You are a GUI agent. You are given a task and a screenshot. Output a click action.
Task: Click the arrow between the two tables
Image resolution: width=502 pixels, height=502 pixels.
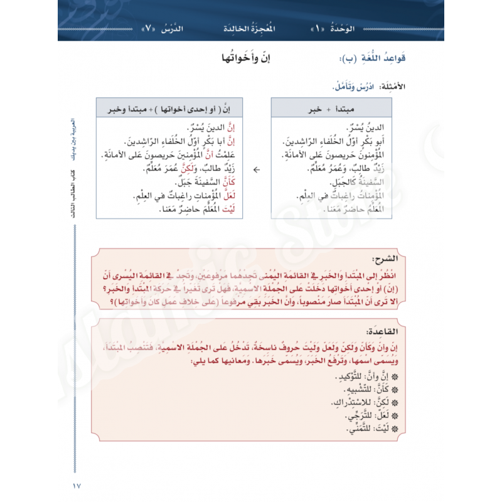coord(256,169)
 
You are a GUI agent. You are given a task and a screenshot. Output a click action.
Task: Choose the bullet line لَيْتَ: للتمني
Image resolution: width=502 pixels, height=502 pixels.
coord(368,429)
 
